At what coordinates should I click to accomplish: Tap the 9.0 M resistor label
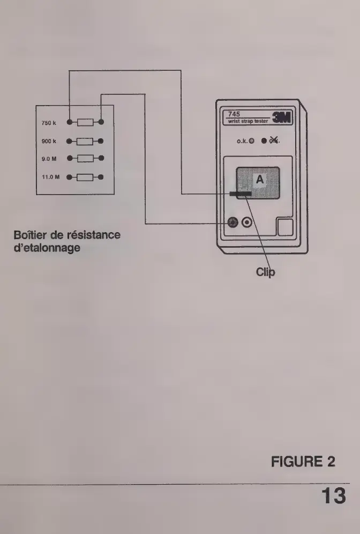pos(48,159)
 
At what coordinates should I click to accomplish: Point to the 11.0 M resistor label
pos(49,176)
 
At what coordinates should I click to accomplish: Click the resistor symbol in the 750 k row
pos(85,122)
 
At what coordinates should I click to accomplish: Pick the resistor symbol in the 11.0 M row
pos(85,176)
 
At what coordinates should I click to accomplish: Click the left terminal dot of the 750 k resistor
pos(69,122)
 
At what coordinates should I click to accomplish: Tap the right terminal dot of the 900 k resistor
pos(101,141)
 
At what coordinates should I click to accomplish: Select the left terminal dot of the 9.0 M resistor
pos(69,159)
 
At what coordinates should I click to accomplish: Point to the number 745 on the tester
pos(234,114)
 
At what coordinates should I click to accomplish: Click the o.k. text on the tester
pos(242,142)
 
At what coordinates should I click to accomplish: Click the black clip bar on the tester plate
pos(240,194)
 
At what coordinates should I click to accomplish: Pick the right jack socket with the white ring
pos(247,223)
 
